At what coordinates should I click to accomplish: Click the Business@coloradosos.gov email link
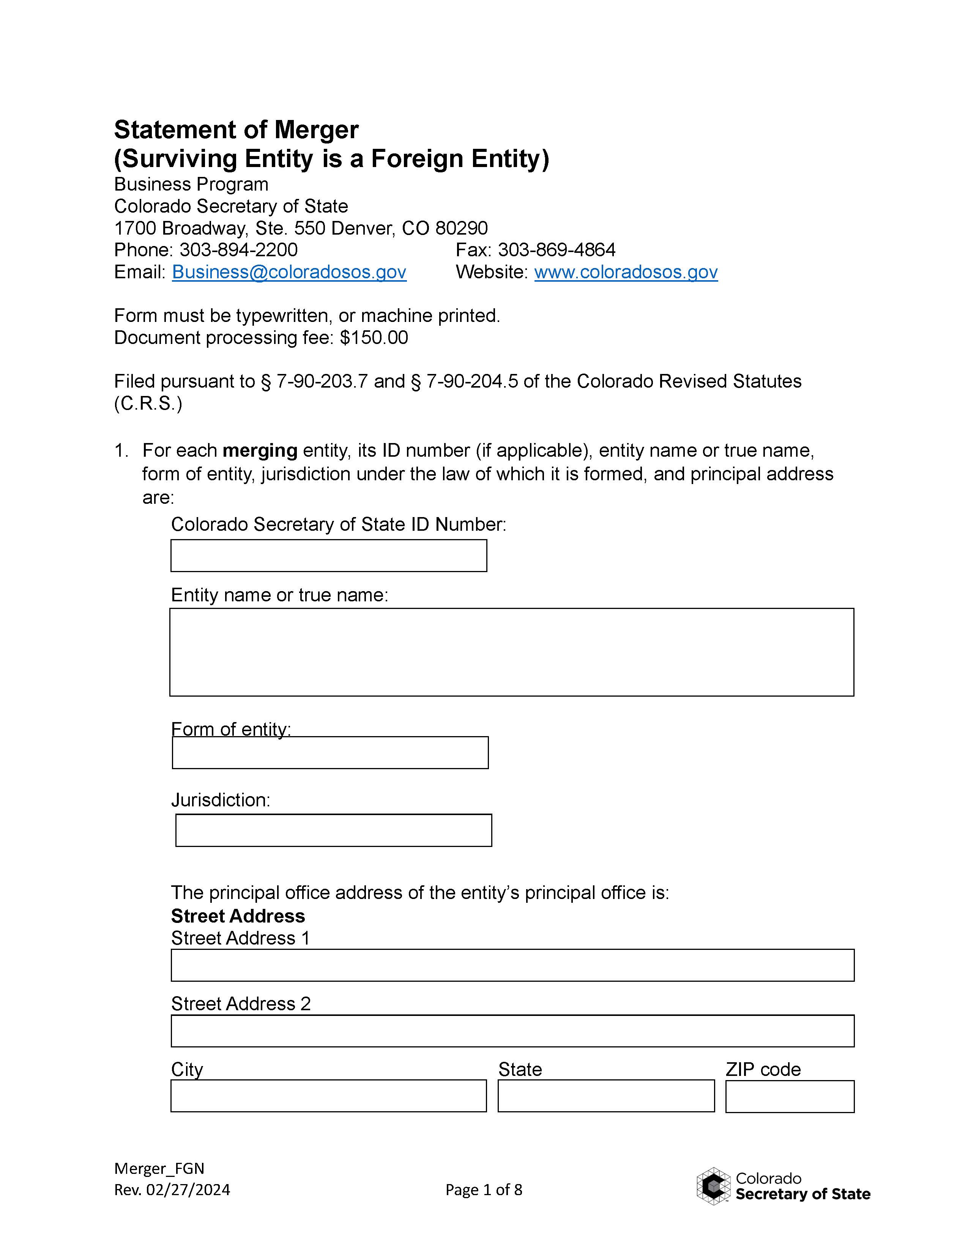tap(289, 272)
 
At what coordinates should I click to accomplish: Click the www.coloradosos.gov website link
tap(626, 272)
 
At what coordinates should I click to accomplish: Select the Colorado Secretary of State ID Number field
tap(329, 555)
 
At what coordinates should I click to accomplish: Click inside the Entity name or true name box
tap(511, 652)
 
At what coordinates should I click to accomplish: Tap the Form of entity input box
tap(330, 753)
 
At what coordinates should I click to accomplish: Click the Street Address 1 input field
tap(512, 965)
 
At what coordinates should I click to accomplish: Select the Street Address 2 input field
tap(512, 1031)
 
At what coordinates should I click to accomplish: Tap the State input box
tap(605, 1096)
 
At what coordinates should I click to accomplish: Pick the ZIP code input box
tap(790, 1096)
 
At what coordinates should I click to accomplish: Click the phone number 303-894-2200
tap(238, 250)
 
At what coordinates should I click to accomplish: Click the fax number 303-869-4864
tap(556, 250)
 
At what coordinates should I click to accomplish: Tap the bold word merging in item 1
tap(260, 450)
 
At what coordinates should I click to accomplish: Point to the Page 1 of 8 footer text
tap(483, 1190)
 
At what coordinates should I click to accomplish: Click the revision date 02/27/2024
tap(188, 1190)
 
